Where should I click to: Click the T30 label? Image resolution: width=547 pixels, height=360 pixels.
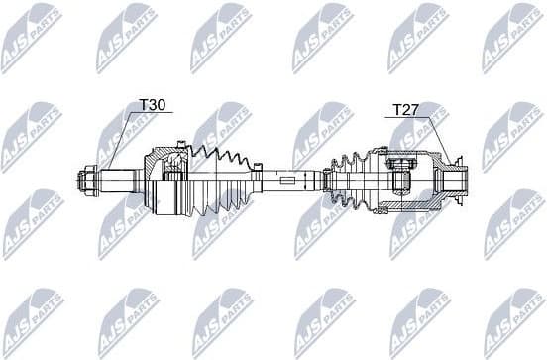click(152, 103)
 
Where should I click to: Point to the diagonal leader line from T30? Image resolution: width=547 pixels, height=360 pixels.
click(123, 138)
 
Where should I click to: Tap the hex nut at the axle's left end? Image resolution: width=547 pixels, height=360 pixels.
click(86, 181)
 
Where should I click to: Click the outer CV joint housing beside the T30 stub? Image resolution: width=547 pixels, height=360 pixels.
click(166, 180)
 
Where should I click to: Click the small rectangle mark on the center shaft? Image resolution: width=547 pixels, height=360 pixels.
click(286, 181)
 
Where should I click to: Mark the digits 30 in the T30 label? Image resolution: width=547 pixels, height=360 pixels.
click(158, 103)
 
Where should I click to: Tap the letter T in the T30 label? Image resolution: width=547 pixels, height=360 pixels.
click(143, 103)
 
